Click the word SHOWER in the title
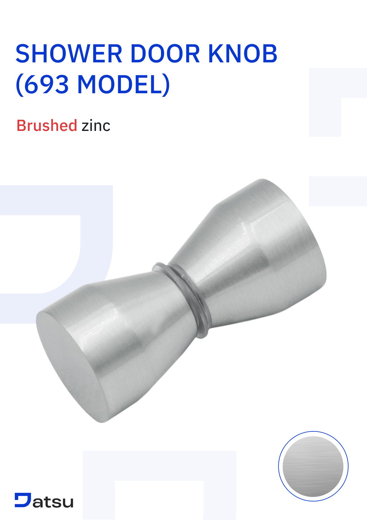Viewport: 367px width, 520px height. pos(69,54)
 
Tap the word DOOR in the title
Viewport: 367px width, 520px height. pos(165,54)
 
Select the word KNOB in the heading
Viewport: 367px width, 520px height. pos(243,54)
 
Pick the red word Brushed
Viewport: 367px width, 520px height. pos(47,126)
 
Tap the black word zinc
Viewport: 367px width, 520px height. pos(96,126)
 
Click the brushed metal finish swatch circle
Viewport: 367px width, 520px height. pos(313,466)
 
